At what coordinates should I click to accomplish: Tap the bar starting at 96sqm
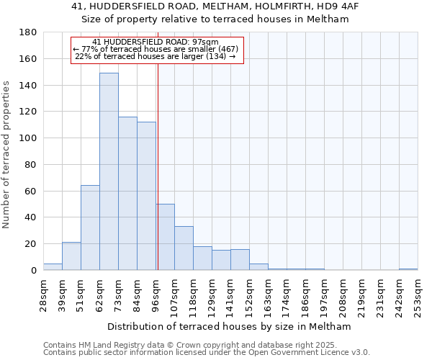[x=165, y=237]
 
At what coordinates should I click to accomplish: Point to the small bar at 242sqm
[x=408, y=269]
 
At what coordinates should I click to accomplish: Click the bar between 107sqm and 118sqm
[x=184, y=248]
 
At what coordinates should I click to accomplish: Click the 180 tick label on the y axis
[x=28, y=32]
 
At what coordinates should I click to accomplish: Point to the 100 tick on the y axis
[x=28, y=138]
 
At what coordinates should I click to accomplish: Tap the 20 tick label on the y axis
[x=31, y=244]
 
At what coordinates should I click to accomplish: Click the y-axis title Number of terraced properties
[x=6, y=155]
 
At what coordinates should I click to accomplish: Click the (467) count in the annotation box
[x=223, y=49]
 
